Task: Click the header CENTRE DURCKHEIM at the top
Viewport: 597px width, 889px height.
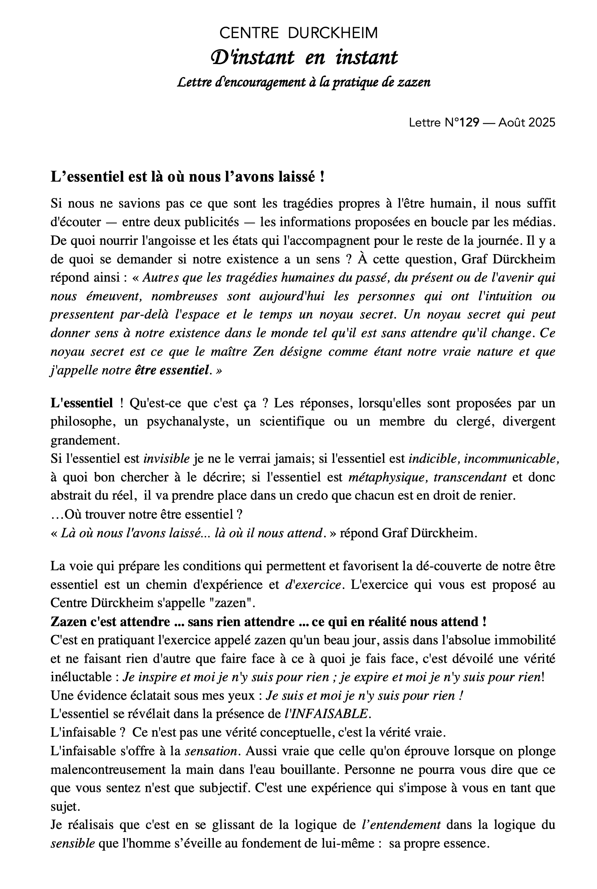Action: point(298,33)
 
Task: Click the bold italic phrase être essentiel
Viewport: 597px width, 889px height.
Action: point(172,370)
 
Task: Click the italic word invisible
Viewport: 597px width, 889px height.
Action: point(167,459)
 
